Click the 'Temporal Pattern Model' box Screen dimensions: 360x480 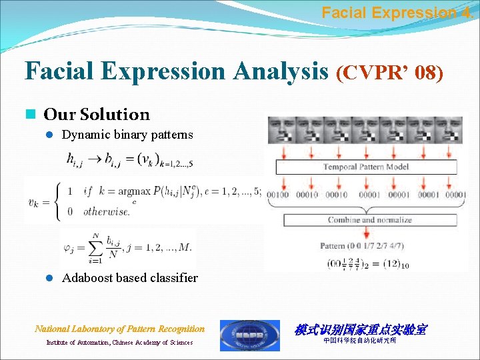(366, 167)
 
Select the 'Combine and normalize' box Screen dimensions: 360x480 (370, 219)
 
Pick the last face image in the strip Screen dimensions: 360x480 (455, 129)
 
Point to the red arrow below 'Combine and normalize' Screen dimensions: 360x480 (367, 233)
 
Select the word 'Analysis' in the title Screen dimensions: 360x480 (280, 70)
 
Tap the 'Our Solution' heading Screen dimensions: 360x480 (97, 115)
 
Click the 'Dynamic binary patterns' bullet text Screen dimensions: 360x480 (127, 135)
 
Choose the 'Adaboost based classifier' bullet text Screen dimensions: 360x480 (130, 278)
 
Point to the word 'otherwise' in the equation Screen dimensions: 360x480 (107, 211)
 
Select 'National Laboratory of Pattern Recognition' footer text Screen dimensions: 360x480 (120, 329)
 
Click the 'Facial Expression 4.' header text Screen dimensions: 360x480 (399, 12)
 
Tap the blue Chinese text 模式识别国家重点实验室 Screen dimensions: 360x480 (361, 329)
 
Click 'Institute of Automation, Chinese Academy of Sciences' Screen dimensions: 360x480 (119, 343)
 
